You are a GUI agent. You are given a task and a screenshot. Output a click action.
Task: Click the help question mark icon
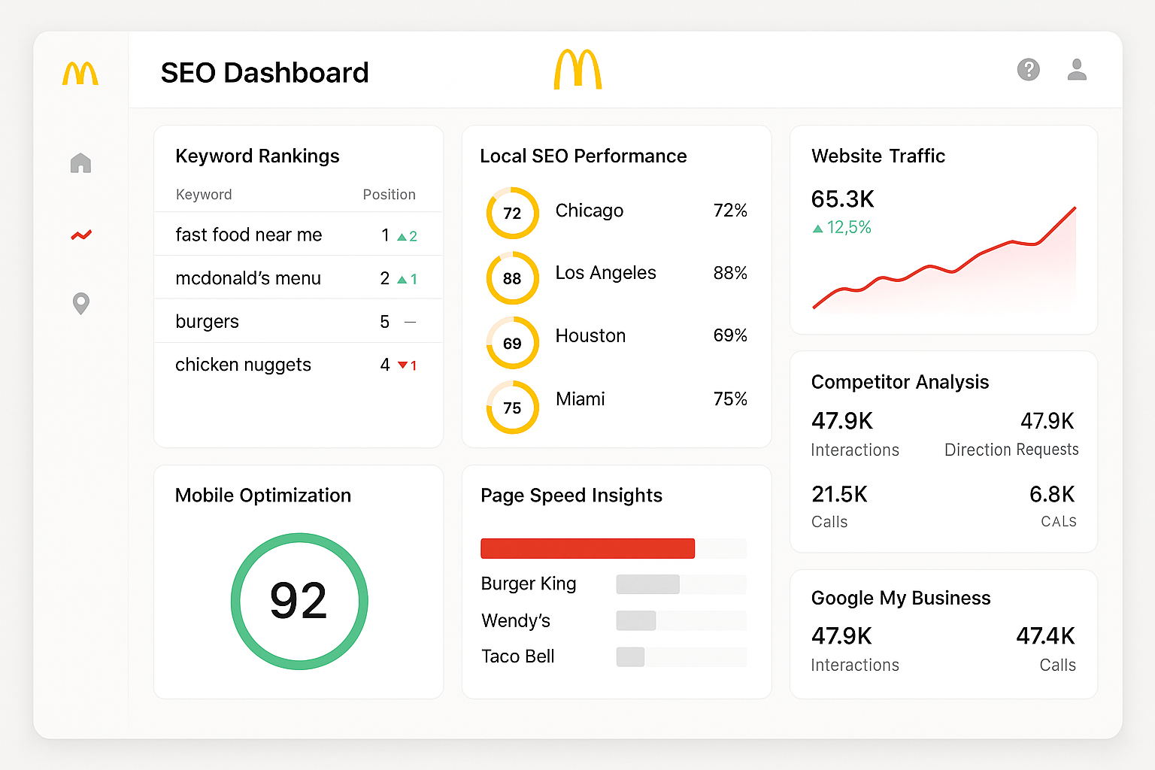1028,70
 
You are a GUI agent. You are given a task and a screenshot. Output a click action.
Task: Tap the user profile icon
1077,70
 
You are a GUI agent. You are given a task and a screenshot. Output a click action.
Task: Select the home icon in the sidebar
80,163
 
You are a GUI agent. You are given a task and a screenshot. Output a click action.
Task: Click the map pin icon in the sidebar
80,303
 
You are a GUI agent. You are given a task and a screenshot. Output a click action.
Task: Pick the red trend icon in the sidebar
81,235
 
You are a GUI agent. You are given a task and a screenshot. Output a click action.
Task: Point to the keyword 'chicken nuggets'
243,365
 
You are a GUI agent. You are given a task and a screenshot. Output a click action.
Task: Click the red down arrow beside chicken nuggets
403,365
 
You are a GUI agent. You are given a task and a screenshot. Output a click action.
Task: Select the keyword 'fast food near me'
248,235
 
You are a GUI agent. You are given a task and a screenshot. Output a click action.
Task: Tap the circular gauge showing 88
512,278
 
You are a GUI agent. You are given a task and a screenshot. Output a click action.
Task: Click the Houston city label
590,336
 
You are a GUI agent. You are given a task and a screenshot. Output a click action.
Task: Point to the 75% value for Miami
730,399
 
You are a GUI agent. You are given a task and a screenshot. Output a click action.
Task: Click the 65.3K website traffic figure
842,199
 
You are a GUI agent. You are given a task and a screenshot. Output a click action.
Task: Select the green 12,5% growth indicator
842,228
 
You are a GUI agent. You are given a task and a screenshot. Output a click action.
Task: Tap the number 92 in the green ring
299,601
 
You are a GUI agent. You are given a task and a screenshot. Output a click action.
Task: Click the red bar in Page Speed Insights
587,548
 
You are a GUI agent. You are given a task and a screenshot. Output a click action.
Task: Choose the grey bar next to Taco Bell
630,656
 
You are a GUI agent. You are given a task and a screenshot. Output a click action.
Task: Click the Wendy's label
516,621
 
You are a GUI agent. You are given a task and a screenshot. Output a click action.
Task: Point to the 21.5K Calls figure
839,495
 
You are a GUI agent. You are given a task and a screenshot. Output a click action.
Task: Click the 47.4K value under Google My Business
1044,636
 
